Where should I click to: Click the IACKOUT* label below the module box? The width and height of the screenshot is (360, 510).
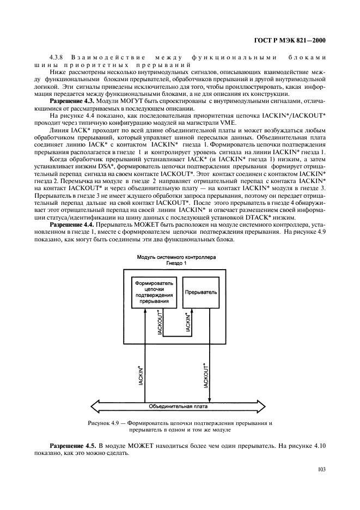point(206,375)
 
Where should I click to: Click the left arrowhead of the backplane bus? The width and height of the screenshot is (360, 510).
point(93,406)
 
